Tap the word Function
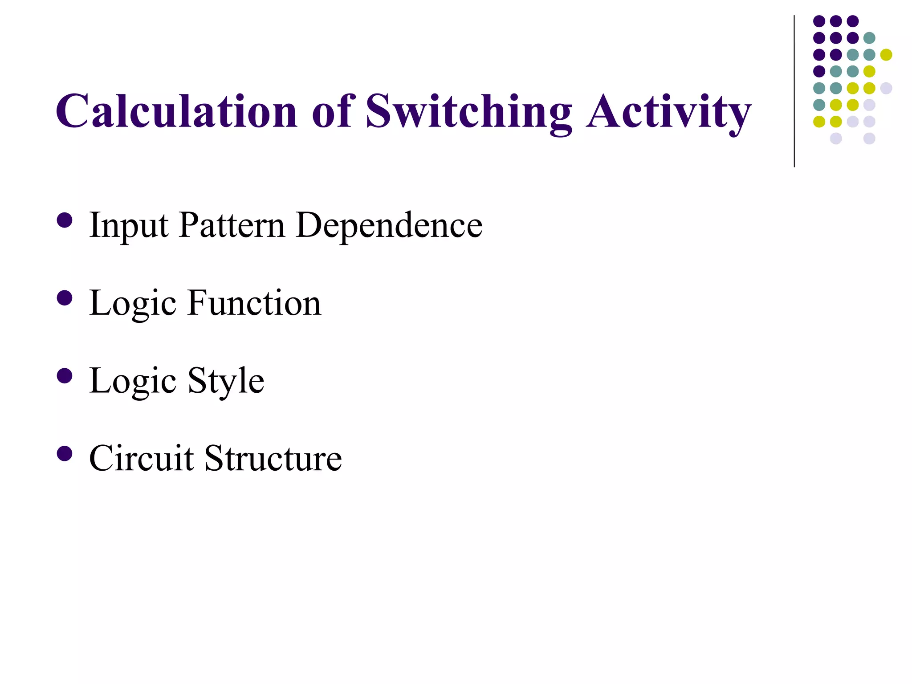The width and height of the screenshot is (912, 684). (254, 303)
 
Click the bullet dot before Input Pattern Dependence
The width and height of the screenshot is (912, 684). (65, 220)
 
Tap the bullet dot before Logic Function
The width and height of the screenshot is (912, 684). (65, 298)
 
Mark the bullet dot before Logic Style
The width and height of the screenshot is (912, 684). (65, 376)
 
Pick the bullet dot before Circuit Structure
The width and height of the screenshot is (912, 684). (65, 454)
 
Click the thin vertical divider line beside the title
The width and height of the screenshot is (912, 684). (794, 91)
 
